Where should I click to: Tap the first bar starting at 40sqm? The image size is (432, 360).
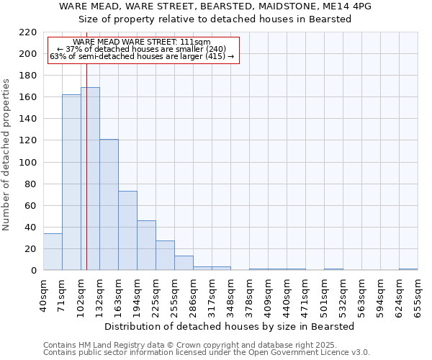click(53, 252)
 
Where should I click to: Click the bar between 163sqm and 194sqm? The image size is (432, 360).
click(127, 230)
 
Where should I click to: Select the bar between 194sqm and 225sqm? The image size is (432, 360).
click(146, 246)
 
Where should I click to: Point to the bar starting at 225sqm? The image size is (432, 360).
click(165, 256)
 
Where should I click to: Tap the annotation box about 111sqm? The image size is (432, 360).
click(142, 50)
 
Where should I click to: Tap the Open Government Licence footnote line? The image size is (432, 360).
click(206, 353)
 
